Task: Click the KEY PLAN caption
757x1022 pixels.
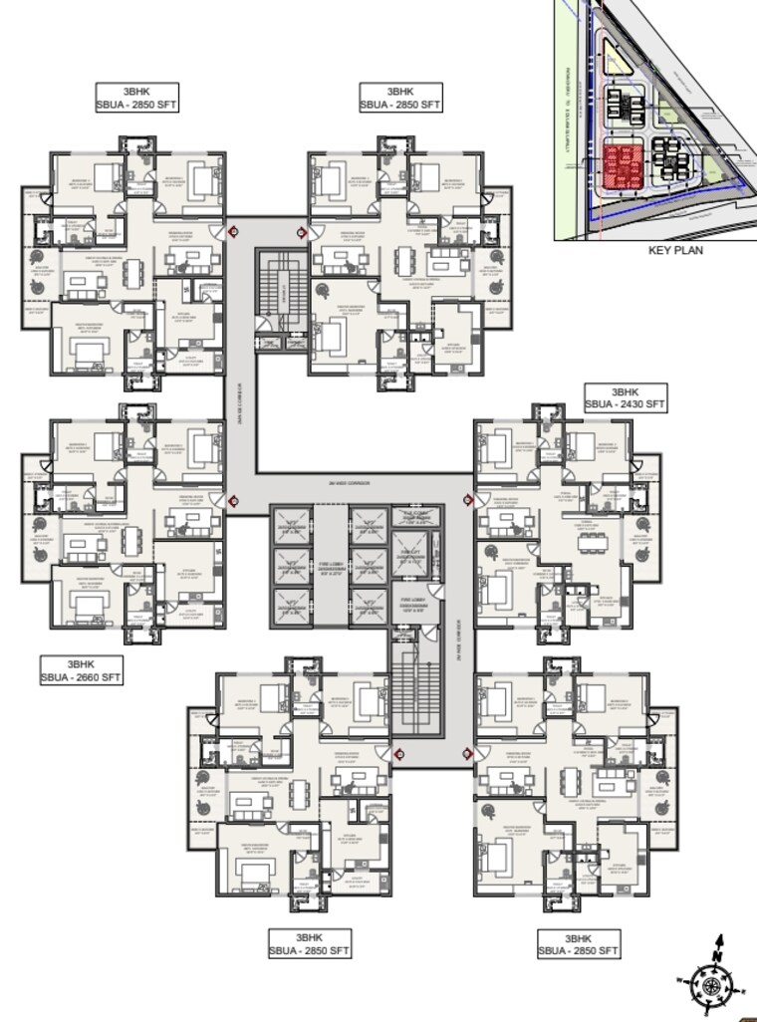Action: point(675,250)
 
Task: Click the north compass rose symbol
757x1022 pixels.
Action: point(711,983)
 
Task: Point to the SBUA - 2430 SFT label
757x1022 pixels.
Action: point(626,404)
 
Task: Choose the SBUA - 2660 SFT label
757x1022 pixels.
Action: point(81,677)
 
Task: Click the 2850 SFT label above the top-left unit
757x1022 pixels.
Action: point(136,105)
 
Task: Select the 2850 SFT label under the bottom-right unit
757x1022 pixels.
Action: point(579,951)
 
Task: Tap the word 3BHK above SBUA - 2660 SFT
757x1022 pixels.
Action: point(81,663)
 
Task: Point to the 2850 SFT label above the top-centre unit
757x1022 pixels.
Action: point(400,105)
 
